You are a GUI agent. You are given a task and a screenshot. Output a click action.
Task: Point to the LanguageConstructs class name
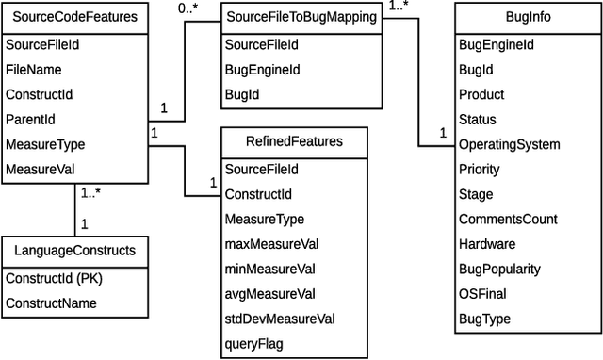(75, 252)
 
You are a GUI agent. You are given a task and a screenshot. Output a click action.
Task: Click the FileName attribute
(34, 69)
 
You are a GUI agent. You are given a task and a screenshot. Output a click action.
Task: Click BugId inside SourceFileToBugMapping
(242, 94)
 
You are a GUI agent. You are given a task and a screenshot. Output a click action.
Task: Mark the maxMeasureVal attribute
(271, 243)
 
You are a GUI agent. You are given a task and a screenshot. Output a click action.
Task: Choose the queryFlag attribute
(253, 343)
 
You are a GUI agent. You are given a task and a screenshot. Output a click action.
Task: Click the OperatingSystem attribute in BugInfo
(509, 145)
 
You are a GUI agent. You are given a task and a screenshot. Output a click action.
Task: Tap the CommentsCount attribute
(508, 220)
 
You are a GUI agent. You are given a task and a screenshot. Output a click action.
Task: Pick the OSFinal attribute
(482, 294)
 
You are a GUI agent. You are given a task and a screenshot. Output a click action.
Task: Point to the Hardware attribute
(487, 244)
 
